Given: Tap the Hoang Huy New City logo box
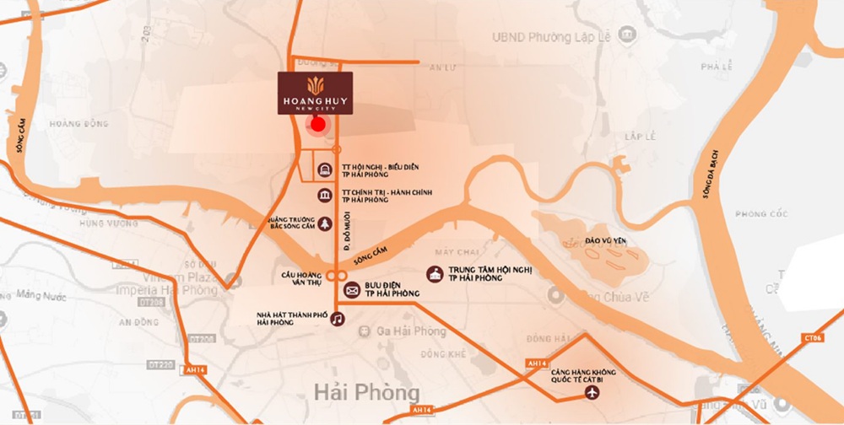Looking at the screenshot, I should click(x=316, y=93).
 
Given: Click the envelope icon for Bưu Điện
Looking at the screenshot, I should click(x=352, y=290).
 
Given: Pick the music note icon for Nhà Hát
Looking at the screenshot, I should click(x=337, y=319).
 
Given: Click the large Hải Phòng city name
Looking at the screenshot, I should click(x=365, y=393).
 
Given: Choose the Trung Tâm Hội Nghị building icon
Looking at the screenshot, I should click(x=436, y=275).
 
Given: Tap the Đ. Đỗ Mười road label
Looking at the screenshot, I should click(x=346, y=231).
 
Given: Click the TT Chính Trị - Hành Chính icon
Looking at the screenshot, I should click(x=326, y=196).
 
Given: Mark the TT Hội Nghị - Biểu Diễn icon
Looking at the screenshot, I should click(x=326, y=171).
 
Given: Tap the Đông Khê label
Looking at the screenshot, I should click(x=445, y=353).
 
